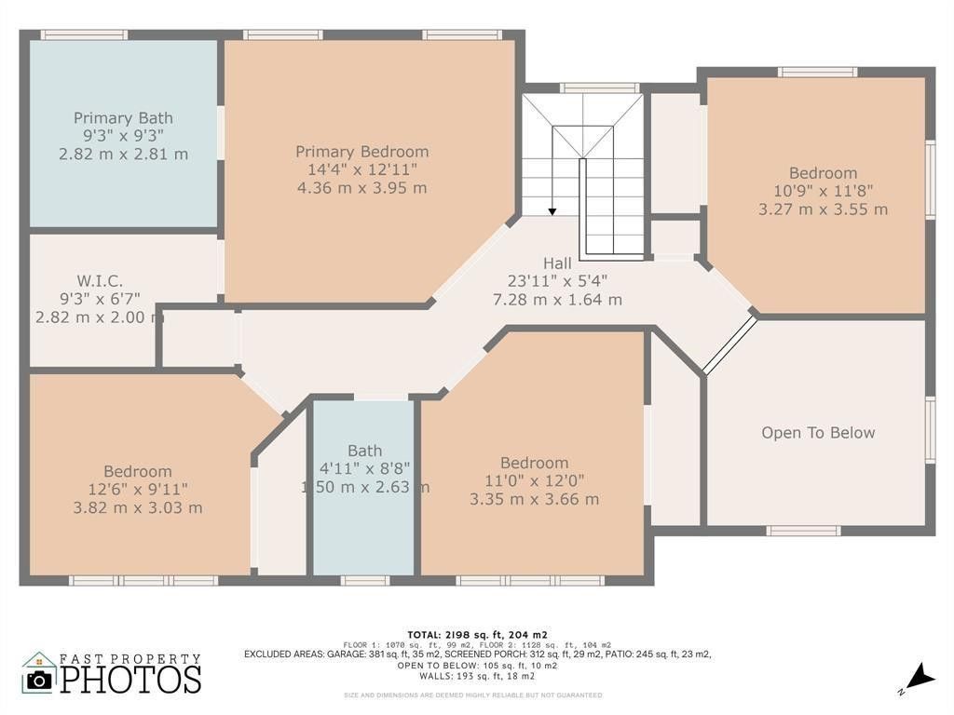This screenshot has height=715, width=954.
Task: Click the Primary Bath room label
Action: click(x=123, y=118)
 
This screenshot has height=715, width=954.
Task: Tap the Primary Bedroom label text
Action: click(x=361, y=152)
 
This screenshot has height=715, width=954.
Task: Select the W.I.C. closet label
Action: click(x=100, y=280)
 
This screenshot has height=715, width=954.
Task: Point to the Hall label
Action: click(x=557, y=263)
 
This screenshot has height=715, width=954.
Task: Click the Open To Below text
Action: click(x=818, y=433)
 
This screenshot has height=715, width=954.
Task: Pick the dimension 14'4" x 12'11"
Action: click(x=361, y=169)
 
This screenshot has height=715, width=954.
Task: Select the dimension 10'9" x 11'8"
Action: click(x=823, y=191)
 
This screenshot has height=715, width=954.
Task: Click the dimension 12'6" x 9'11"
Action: click(x=138, y=490)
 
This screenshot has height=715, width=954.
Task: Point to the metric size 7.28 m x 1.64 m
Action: click(x=557, y=300)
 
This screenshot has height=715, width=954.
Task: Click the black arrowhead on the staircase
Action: click(x=552, y=211)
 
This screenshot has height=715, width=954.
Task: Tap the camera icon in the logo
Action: click(x=39, y=680)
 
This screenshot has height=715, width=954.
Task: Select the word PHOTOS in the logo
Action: click(x=131, y=679)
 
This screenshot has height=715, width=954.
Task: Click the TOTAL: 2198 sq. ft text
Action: click(x=476, y=633)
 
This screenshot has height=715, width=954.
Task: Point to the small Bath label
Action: click(x=364, y=451)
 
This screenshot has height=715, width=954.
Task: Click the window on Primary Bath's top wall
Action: click(x=84, y=35)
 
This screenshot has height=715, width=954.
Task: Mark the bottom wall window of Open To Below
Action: click(x=803, y=531)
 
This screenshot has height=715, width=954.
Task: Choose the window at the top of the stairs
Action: click(x=599, y=88)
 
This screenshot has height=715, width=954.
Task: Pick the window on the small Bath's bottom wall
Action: click(x=364, y=580)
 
